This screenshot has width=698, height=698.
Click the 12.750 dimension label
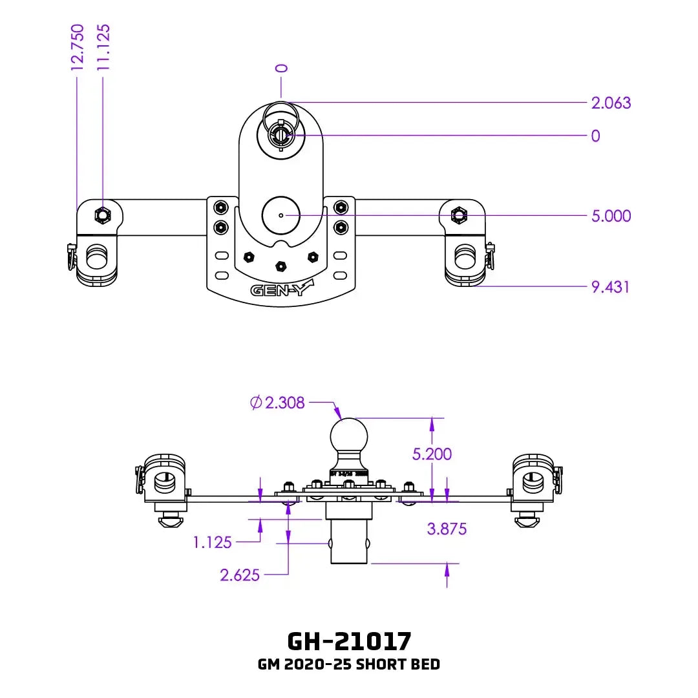pyautogui.click(x=78, y=47)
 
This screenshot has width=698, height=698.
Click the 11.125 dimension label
pyautogui.click(x=103, y=47)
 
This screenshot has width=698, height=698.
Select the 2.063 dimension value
pyautogui.click(x=611, y=103)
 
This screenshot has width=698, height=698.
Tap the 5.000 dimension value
pyautogui.click(x=611, y=216)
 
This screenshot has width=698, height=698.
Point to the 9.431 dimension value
pyautogui.click(x=611, y=286)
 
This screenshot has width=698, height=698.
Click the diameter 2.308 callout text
pyautogui.click(x=277, y=403)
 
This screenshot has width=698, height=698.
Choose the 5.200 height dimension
pyautogui.click(x=432, y=454)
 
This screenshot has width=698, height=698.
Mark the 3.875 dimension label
pyautogui.click(x=447, y=529)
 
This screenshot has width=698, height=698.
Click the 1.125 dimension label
pyautogui.click(x=212, y=542)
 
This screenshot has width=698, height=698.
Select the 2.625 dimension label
pyautogui.click(x=240, y=575)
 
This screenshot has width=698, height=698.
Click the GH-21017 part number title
pyautogui.click(x=349, y=640)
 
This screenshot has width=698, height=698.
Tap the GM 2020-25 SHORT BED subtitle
pyautogui.click(x=349, y=664)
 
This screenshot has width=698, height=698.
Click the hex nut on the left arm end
pyautogui.click(x=103, y=214)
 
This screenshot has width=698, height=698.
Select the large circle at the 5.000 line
pyautogui.click(x=280, y=215)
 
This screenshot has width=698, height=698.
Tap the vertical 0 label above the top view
pyautogui.click(x=281, y=69)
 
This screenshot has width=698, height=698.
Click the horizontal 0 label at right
pyautogui.click(x=595, y=136)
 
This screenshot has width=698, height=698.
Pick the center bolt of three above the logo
pyautogui.click(x=280, y=266)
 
